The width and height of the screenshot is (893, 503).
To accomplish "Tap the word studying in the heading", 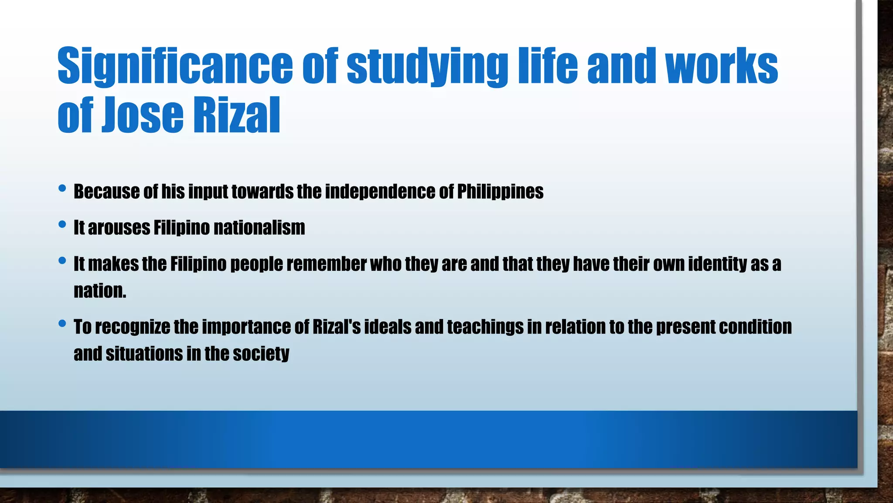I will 427,66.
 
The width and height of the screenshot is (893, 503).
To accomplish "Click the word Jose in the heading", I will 143,116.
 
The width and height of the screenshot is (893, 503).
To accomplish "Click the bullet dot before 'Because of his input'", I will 62,189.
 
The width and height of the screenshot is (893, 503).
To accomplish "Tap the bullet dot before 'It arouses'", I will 62,225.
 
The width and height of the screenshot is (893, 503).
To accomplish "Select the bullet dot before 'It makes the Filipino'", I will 62,261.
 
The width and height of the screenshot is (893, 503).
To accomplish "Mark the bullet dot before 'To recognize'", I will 62,324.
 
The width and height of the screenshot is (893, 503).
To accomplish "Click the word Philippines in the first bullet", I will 500,192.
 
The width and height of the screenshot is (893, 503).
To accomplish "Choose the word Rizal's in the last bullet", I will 337,327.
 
